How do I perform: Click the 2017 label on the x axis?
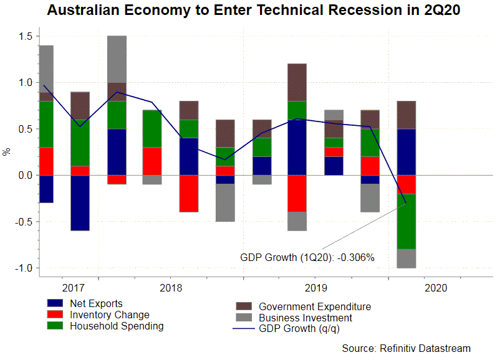click(x=74, y=288)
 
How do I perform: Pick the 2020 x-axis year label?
click(x=435, y=288)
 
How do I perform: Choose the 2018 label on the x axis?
click(x=171, y=288)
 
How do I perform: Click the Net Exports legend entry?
click(x=96, y=304)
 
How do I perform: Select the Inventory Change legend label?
click(x=109, y=315)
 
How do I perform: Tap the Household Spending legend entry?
click(x=117, y=326)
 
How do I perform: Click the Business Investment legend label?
click(x=305, y=318)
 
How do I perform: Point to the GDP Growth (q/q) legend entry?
click(x=299, y=328)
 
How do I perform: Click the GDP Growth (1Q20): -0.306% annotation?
click(x=307, y=257)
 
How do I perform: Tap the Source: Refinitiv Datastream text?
click(x=406, y=348)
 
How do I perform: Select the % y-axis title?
click(x=7, y=151)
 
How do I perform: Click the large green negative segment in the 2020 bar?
click(x=406, y=221)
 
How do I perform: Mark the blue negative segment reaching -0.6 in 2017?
click(x=80, y=203)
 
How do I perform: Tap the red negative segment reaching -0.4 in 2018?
click(x=189, y=194)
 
